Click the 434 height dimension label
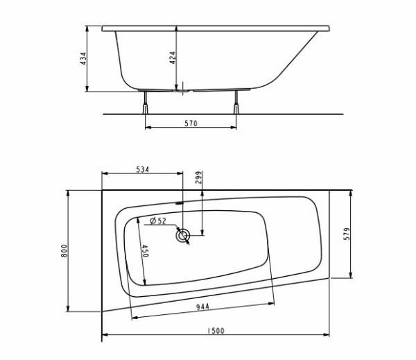point(83,59)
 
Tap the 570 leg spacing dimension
point(191,123)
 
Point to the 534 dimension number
point(141,169)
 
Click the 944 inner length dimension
point(203,307)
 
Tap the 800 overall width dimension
point(64,250)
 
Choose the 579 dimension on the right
point(347,234)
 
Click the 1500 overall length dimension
point(216,332)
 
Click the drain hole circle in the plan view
point(183,235)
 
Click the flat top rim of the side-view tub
point(215,28)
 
